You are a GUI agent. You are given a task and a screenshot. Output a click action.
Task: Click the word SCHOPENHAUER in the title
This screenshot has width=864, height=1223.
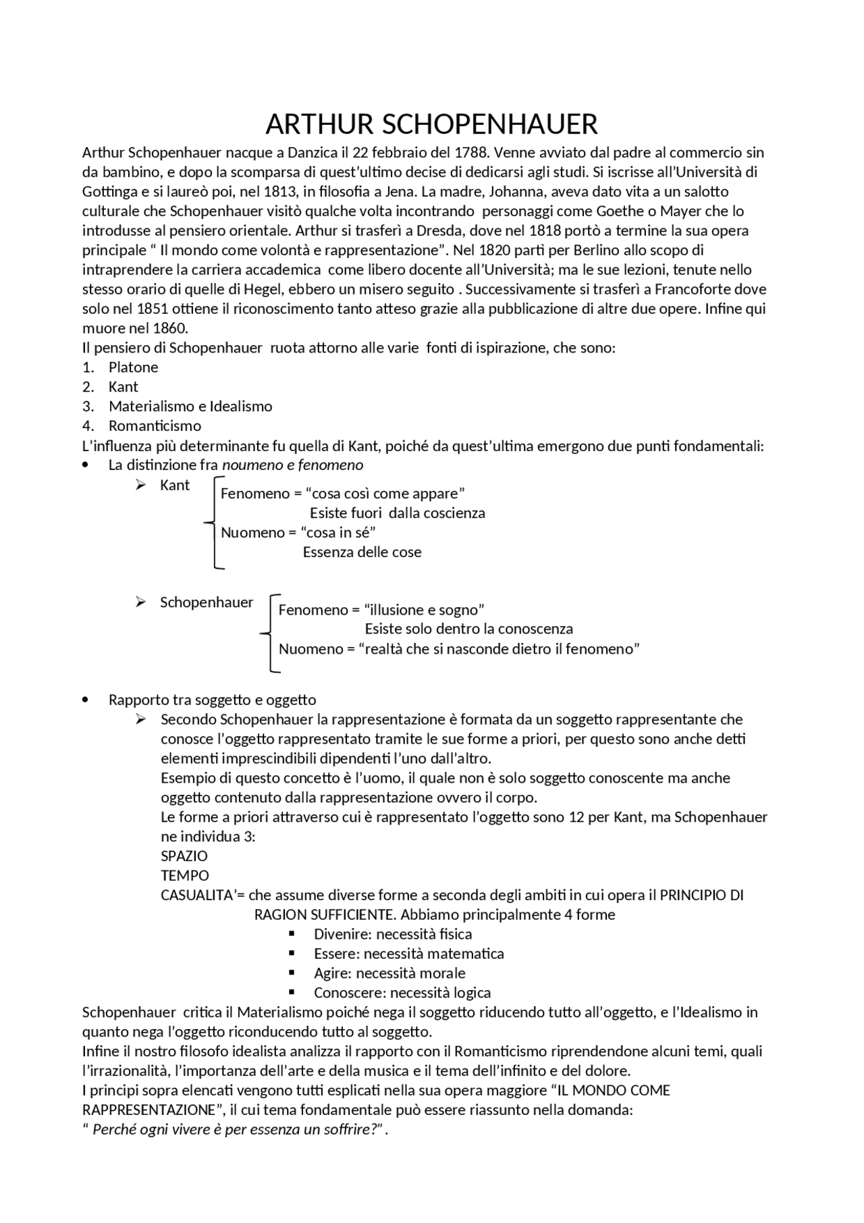tap(490, 125)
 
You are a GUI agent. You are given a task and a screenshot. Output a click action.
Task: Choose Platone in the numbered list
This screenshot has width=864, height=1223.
tap(134, 367)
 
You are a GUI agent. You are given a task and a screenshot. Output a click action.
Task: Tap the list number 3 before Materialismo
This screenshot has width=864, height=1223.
tap(88, 407)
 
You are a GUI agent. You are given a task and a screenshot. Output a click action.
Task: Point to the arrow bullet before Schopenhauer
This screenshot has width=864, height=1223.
tap(140, 602)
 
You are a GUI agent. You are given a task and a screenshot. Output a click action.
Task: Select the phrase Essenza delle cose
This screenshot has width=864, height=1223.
tap(362, 552)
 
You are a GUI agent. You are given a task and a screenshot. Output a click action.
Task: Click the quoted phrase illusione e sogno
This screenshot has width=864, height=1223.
tap(424, 610)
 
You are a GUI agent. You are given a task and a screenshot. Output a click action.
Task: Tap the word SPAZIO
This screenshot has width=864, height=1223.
tap(184, 856)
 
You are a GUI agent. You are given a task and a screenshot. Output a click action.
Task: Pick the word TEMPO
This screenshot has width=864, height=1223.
tap(185, 876)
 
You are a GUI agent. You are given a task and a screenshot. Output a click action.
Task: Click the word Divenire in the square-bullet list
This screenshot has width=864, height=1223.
tap(342, 935)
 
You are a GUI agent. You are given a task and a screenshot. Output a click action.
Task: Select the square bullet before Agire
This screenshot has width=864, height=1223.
tap(292, 973)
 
